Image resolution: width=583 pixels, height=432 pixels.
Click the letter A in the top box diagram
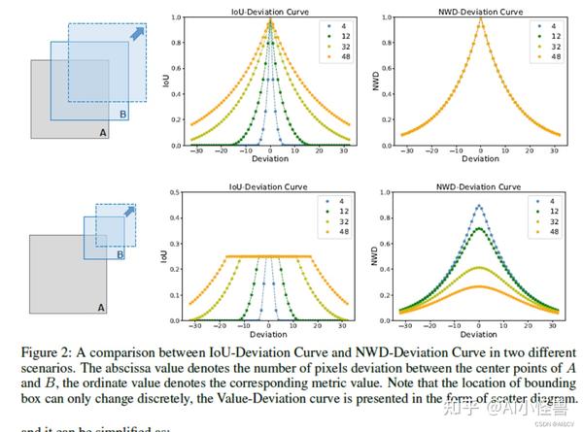101,132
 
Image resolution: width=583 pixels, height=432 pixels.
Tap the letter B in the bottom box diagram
120,255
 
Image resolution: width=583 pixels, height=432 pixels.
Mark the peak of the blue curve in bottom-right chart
480,206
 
